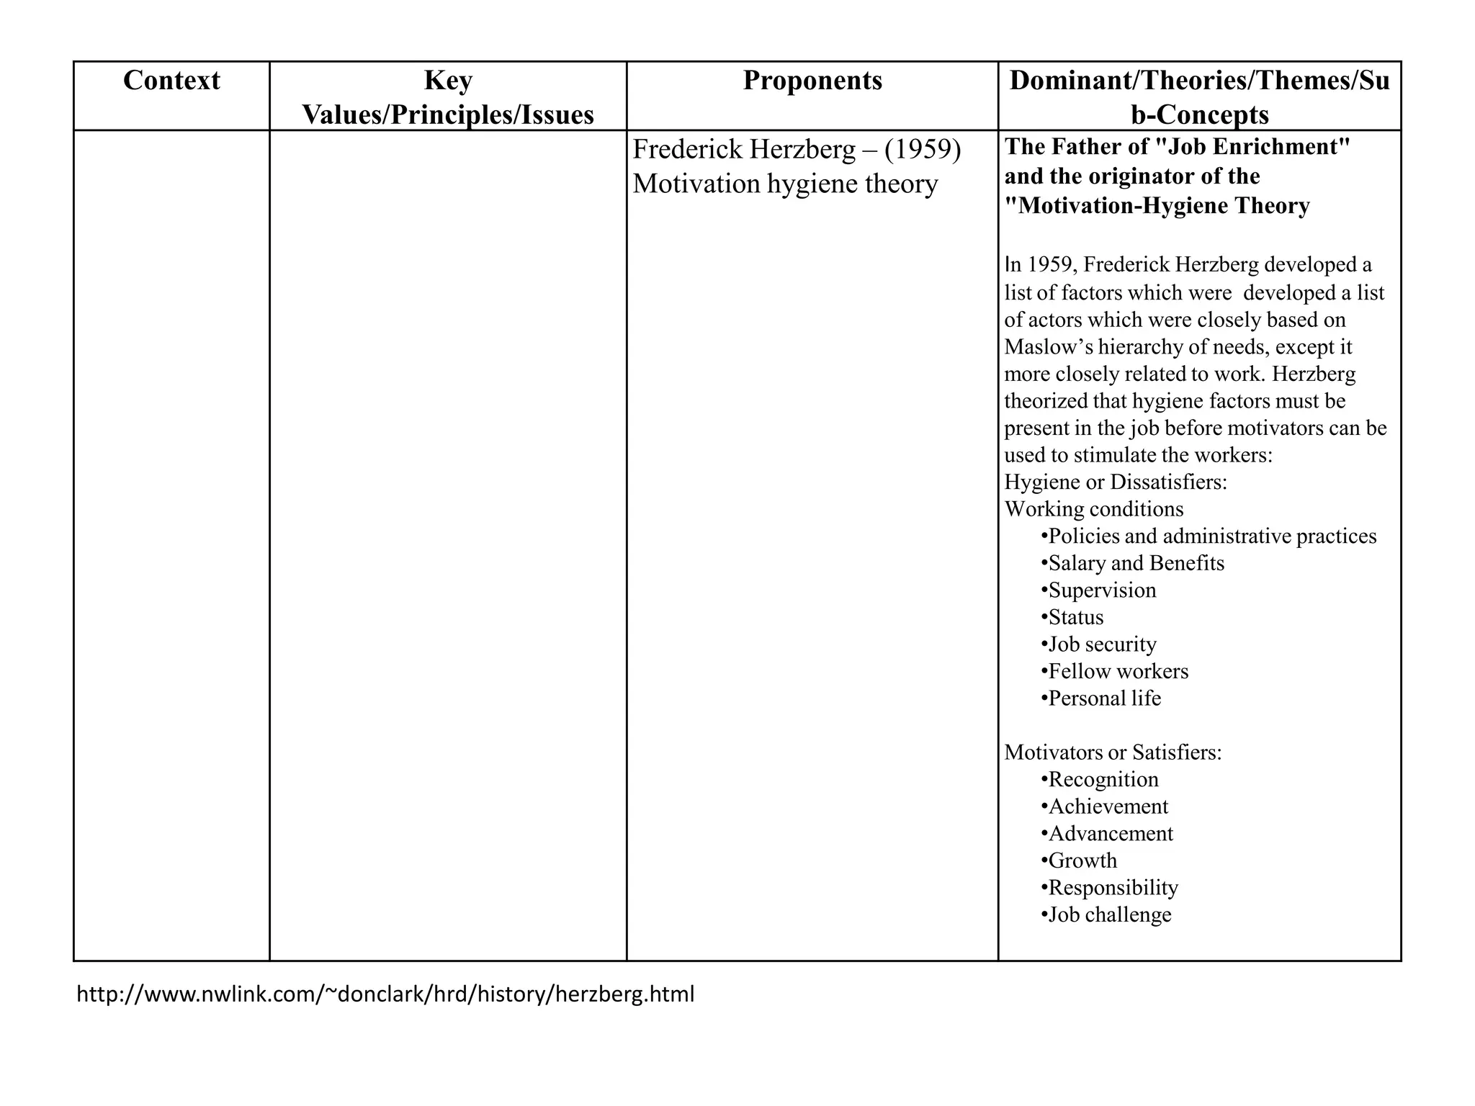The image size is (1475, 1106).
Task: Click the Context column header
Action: point(171,81)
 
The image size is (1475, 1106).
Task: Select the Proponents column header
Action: point(812,81)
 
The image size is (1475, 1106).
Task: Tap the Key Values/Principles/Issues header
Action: point(448,98)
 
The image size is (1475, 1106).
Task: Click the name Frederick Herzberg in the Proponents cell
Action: point(744,150)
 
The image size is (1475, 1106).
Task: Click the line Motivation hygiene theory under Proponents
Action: point(785,184)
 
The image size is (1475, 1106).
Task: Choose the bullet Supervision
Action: point(1101,590)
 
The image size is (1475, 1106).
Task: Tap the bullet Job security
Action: point(1101,644)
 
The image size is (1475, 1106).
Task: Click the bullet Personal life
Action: point(1103,698)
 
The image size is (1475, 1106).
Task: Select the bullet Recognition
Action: point(1103,780)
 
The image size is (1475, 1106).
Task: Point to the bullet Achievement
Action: point(1107,806)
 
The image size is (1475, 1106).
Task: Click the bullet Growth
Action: point(1082,860)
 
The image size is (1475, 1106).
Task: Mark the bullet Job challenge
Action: point(1109,914)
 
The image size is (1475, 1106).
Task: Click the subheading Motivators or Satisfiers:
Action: point(1113,752)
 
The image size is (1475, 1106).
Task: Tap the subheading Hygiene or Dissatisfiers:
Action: point(1116,482)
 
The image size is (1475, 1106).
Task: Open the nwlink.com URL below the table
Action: point(385,994)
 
